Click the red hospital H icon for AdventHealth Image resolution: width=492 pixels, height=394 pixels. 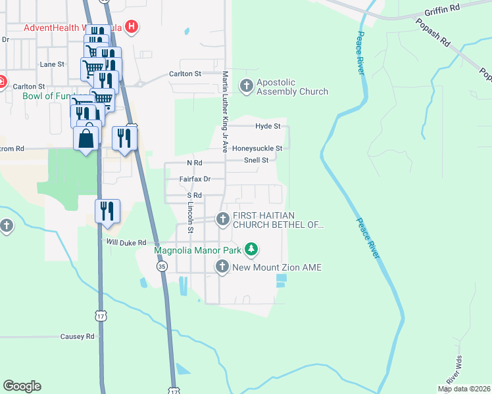click(x=133, y=27)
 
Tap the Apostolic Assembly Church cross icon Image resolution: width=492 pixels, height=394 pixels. click(x=247, y=85)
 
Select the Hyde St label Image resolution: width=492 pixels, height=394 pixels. click(x=268, y=125)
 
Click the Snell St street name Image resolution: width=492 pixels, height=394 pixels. click(x=256, y=160)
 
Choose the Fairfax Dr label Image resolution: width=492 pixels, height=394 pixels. click(x=195, y=179)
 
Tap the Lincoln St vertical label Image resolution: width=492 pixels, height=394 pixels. click(x=190, y=217)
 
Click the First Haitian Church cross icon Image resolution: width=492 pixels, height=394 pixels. click(x=222, y=219)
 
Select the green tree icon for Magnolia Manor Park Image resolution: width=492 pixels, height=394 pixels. click(x=251, y=249)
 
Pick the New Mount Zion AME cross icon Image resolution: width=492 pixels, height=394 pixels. click(x=222, y=266)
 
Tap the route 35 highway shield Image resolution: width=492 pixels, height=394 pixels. click(x=161, y=266)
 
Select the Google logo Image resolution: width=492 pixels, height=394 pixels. click(x=22, y=386)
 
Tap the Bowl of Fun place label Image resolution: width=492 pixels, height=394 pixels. click(x=41, y=97)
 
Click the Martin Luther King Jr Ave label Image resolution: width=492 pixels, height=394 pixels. click(x=224, y=112)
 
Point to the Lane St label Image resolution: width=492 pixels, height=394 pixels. click(x=52, y=64)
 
